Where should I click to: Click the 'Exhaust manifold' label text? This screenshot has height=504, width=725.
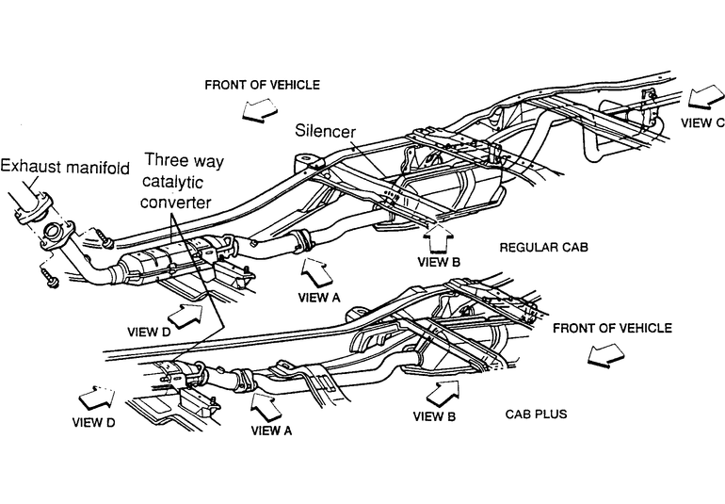point(65,167)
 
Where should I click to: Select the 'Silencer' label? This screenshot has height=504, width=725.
point(326,131)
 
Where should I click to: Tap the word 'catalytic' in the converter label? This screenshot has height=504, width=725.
point(172,182)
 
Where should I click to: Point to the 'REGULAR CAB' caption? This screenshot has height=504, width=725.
point(544,247)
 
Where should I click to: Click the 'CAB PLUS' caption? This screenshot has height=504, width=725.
point(536,414)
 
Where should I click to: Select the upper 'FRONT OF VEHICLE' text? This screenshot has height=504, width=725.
point(262,85)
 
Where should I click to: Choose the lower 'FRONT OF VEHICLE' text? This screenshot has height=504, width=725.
point(612,328)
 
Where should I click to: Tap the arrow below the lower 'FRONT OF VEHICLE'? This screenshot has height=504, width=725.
point(605,355)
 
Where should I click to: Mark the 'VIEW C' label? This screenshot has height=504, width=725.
point(702,122)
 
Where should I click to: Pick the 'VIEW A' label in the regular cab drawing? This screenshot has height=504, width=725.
point(319,298)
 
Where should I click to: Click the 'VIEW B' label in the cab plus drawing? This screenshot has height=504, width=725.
point(434,416)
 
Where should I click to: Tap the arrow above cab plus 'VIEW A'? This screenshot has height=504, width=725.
point(266,407)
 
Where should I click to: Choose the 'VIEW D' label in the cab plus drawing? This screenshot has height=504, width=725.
point(94,423)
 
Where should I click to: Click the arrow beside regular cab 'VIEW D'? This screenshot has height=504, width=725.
point(185,316)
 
